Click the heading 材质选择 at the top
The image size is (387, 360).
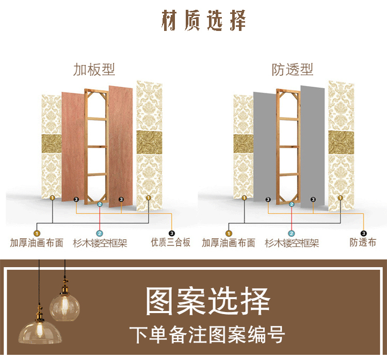pos(204,21)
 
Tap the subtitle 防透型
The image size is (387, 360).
pos(293,69)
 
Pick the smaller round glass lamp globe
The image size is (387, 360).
pos(64,305)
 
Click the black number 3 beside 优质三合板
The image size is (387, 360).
pos(171,233)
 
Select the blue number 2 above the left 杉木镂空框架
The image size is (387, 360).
pos(100,204)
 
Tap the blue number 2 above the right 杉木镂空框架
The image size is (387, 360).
pos(292,204)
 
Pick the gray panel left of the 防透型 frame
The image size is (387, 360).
pos(264,147)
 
